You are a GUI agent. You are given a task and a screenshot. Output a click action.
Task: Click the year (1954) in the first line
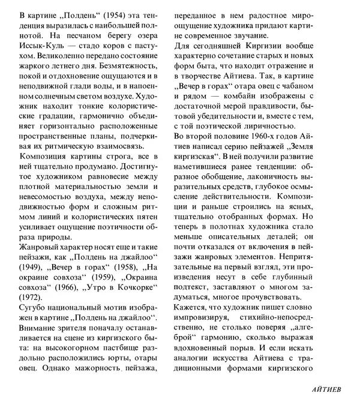point(107,14)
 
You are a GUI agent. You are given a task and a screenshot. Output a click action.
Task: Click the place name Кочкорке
point(130,286)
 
